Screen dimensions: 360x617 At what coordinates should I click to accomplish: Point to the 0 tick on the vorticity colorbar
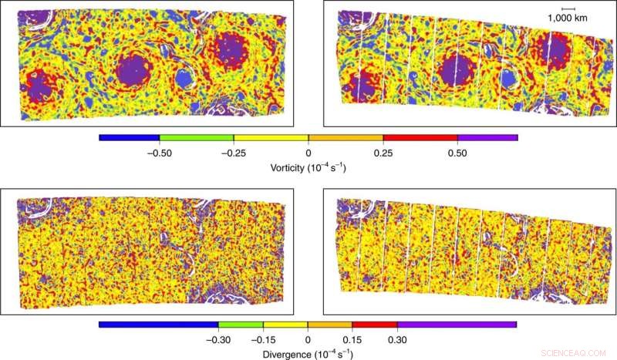[308, 153]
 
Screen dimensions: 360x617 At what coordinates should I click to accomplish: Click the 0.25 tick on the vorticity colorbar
[383, 153]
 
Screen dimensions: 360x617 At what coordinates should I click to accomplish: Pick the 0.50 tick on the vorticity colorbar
[457, 153]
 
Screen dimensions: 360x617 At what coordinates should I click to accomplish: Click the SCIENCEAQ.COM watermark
[574, 351]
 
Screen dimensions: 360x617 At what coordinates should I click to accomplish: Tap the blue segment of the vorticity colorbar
[130, 139]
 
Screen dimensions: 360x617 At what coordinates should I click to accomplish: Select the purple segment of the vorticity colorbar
[487, 139]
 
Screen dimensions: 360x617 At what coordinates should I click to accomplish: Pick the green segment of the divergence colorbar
[241, 325]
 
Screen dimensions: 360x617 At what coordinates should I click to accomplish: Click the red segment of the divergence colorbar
[375, 325]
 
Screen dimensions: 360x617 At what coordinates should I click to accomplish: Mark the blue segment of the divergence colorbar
[159, 325]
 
